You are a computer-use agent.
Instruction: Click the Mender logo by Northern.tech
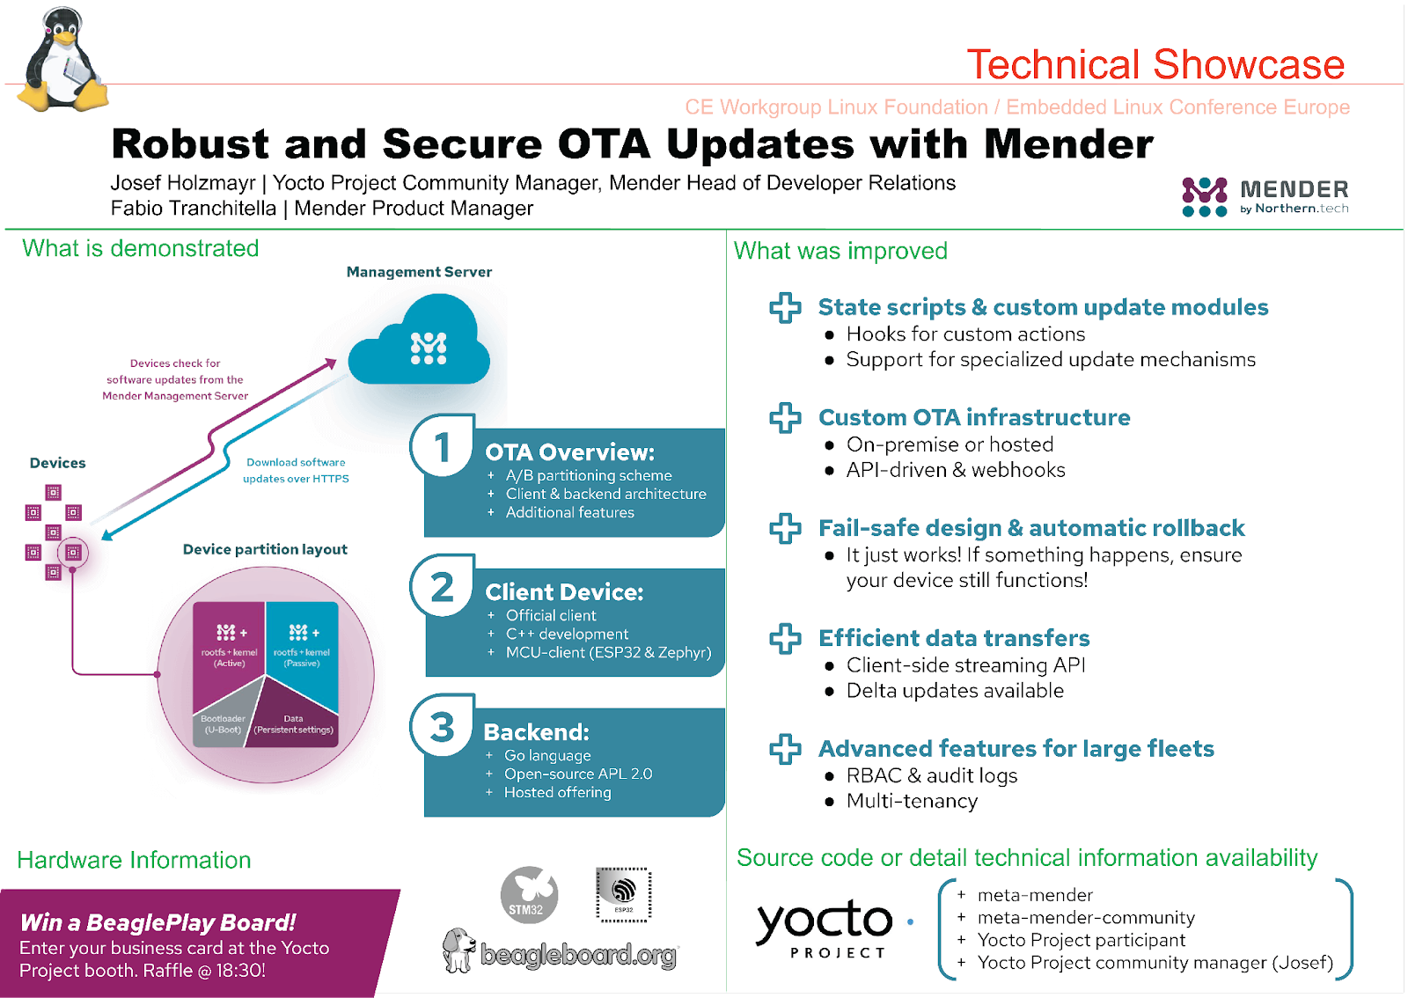(x=1265, y=196)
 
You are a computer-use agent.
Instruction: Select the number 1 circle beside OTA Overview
(x=443, y=446)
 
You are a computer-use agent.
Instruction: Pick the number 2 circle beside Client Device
(x=443, y=587)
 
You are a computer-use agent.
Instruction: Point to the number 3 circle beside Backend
(x=443, y=727)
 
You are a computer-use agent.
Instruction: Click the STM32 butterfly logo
(x=529, y=895)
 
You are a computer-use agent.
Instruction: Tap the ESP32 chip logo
(x=624, y=893)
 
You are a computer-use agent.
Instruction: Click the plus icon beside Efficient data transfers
(x=785, y=638)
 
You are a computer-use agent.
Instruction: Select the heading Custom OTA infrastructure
(x=974, y=417)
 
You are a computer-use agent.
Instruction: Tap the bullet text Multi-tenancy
(x=912, y=801)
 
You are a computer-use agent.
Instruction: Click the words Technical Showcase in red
(x=1155, y=64)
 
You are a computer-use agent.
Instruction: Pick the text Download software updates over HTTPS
(x=296, y=470)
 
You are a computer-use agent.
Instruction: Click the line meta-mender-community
(x=1086, y=918)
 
